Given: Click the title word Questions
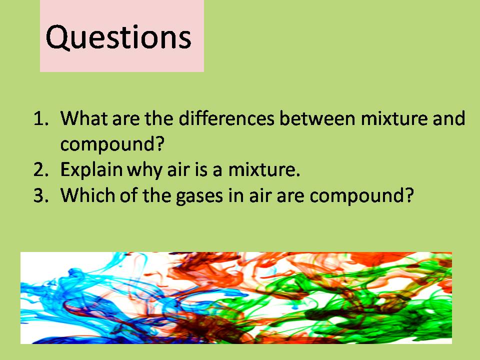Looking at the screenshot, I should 118,37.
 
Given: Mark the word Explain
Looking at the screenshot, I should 91,170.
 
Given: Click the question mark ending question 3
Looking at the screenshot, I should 409,195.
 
